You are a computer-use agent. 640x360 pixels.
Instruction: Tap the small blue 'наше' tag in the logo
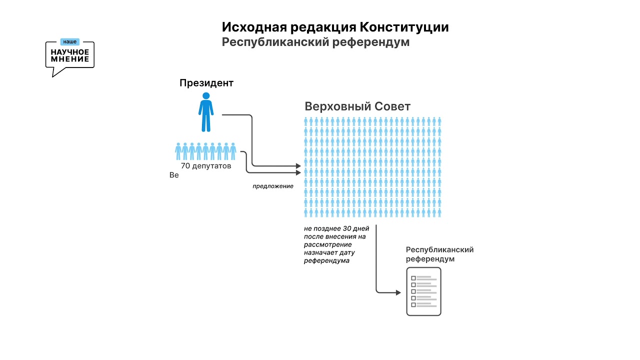pyautogui.click(x=70, y=42)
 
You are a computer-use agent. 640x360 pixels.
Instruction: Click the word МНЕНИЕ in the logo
pyautogui.click(x=70, y=59)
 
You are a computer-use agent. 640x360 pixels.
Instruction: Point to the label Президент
pyautogui.click(x=206, y=83)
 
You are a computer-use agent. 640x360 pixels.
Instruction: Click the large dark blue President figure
pyautogui.click(x=206, y=112)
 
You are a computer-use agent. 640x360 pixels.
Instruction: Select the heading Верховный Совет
pyautogui.click(x=357, y=106)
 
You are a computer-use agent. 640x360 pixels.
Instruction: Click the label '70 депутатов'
pyautogui.click(x=206, y=166)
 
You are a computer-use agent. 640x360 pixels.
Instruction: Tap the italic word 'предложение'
pyautogui.click(x=272, y=186)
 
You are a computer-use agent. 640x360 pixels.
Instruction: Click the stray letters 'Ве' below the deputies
pyautogui.click(x=174, y=175)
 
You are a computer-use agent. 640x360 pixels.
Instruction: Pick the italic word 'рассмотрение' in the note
pyautogui.click(x=327, y=245)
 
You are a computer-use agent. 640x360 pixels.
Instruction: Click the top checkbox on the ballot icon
pyautogui.click(x=413, y=278)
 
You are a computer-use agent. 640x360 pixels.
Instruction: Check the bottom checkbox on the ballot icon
pyautogui.click(x=413, y=304)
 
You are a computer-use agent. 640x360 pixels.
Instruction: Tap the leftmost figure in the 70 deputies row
pyautogui.click(x=178, y=151)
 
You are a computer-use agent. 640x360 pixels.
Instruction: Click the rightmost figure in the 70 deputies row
pyautogui.click(x=233, y=151)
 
